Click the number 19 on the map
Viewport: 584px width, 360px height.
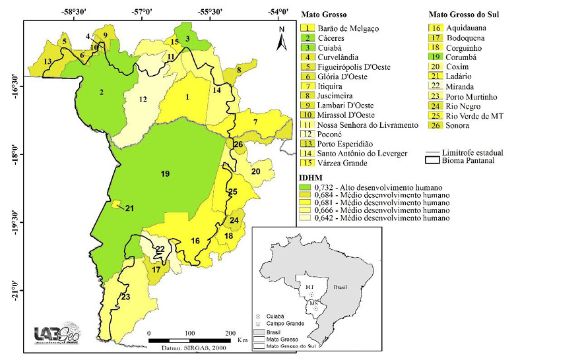click(x=165, y=173)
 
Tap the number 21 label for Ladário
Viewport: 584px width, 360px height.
click(x=130, y=209)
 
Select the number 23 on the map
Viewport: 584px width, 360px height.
click(x=125, y=297)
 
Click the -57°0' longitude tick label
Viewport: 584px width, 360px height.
click(x=141, y=13)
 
